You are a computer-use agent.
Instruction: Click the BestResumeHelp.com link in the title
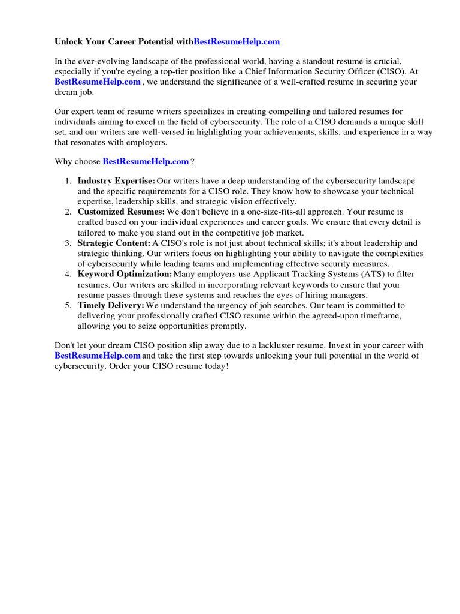coord(237,42)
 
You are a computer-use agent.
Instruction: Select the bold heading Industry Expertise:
coord(116,181)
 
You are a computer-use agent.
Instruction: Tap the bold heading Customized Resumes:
coord(121,212)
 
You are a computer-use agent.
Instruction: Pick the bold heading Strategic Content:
coord(114,243)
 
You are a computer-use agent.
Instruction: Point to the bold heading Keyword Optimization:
coord(125,275)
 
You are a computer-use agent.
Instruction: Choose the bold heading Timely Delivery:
coord(111,306)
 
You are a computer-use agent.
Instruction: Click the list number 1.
coord(68,181)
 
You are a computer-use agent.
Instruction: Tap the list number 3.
coord(68,243)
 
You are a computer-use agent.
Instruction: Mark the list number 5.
coord(68,306)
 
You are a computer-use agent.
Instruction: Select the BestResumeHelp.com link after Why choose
coord(146,161)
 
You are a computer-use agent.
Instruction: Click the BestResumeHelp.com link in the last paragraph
coord(97,356)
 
